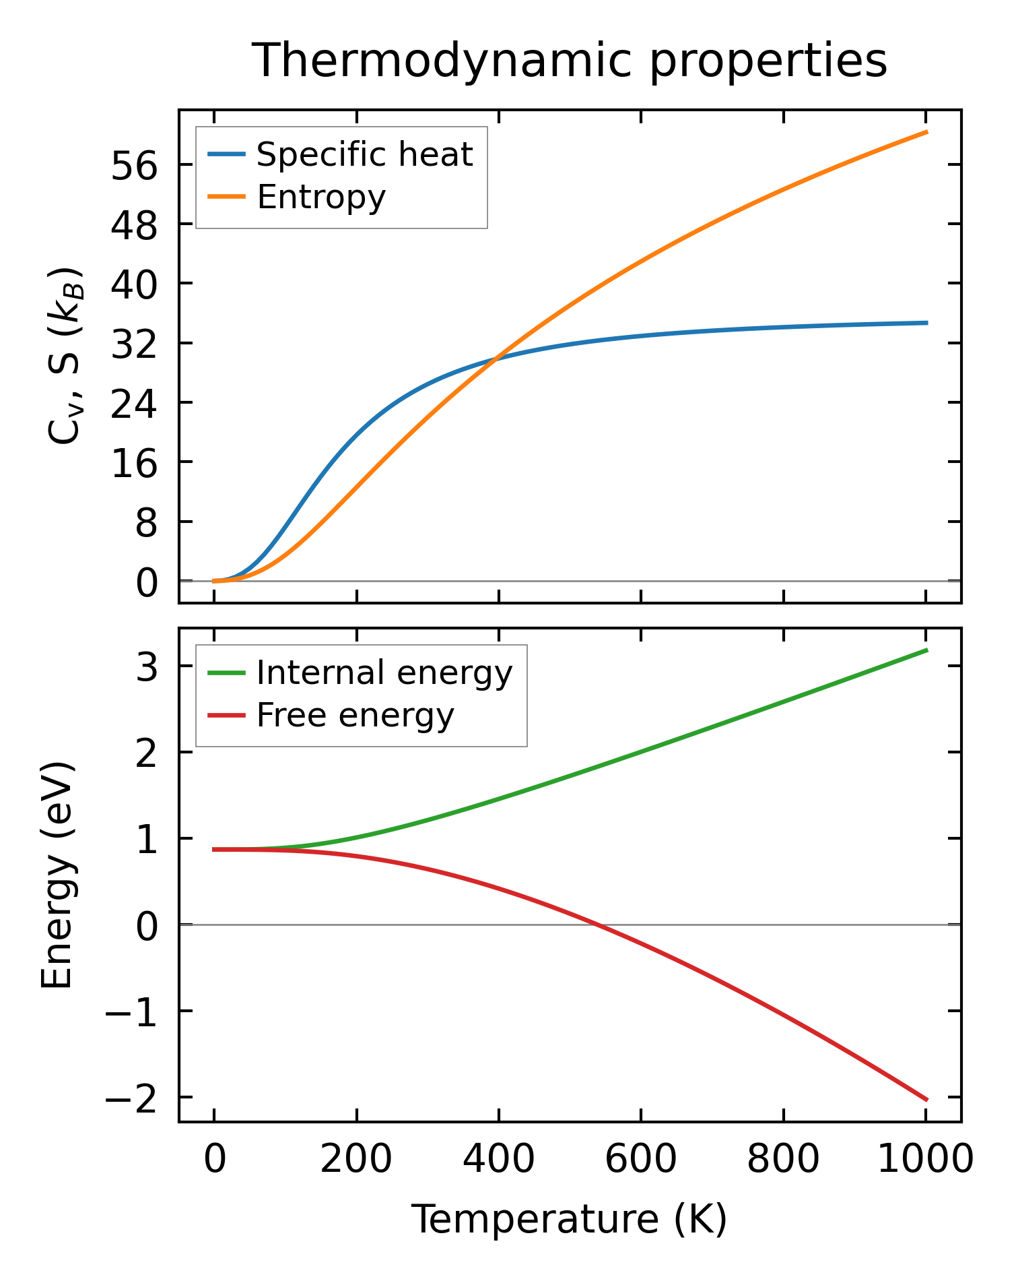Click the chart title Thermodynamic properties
pos(570,61)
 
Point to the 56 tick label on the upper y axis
pos(134,165)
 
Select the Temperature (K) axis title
pos(570,1219)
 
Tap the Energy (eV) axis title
pos(57,875)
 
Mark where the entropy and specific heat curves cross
pos(496,358)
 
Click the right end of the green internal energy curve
pos(926,650)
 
